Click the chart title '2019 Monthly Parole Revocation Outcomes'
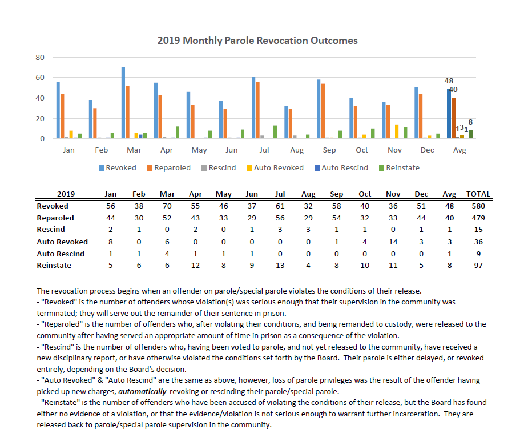click(x=257, y=41)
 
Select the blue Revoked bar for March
click(x=123, y=103)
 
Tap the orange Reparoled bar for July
click(x=258, y=110)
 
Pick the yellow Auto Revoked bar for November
click(x=397, y=131)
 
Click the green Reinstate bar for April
click(x=178, y=133)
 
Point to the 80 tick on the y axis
click(x=40, y=58)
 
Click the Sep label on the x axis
click(x=329, y=150)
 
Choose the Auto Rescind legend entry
click(x=341, y=168)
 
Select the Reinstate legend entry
click(x=399, y=168)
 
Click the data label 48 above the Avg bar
click(x=449, y=81)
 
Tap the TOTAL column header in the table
click(x=478, y=194)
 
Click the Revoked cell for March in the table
click(x=167, y=206)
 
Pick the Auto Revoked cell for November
click(x=393, y=242)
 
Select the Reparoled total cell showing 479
click(x=478, y=218)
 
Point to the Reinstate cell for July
click(x=280, y=266)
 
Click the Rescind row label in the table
click(x=51, y=230)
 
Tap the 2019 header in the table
click(x=66, y=194)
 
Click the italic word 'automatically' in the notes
click(x=142, y=391)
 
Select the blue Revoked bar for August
click(x=286, y=122)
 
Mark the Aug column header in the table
click(x=308, y=194)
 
